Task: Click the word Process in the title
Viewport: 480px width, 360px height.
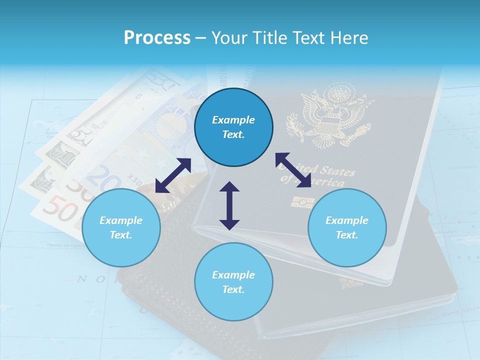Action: point(157,38)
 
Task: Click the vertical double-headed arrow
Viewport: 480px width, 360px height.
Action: point(229,205)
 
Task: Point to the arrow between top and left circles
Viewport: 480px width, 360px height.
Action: point(173,175)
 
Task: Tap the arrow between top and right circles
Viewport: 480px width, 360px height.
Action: point(293,170)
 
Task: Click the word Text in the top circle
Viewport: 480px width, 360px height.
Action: point(233,134)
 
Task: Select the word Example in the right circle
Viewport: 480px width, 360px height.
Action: point(347,220)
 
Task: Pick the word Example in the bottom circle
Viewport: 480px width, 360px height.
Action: point(233,275)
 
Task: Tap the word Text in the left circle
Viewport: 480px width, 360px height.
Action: point(121,235)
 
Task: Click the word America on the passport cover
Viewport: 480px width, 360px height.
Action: point(327,182)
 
